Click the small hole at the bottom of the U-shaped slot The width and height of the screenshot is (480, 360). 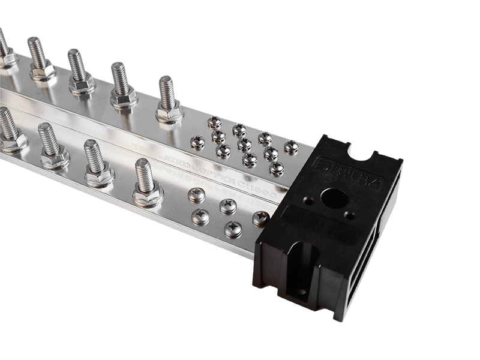pyautogui.click(x=300, y=292)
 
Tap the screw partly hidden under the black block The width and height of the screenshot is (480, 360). pyautogui.click(x=260, y=218)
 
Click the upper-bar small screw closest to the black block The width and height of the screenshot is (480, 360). pyautogui.click(x=291, y=147)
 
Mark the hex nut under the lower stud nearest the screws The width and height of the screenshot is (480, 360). pyautogui.click(x=148, y=196)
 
